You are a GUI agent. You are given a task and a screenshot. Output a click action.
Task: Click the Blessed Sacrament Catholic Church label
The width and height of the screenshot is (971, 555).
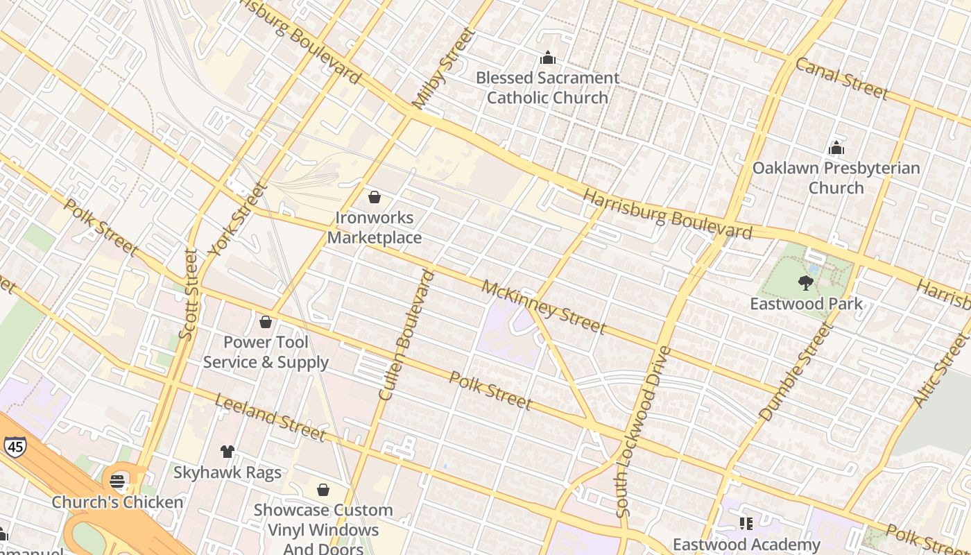(x=547, y=87)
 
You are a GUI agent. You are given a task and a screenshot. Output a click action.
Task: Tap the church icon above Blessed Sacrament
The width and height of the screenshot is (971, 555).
(x=548, y=58)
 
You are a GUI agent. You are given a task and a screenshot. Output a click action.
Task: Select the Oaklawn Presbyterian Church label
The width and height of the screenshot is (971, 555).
(x=836, y=178)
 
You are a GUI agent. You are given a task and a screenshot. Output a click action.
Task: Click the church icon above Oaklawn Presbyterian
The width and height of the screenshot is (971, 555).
(x=836, y=148)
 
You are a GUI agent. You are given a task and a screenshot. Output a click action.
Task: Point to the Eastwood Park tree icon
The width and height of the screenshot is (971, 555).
(x=805, y=282)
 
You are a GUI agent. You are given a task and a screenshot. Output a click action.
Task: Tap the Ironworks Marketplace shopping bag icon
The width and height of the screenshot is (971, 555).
(x=375, y=198)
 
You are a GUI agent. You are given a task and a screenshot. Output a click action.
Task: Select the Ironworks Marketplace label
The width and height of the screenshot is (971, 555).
(x=375, y=228)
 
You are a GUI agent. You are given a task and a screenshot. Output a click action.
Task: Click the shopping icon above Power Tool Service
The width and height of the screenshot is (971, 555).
(x=265, y=322)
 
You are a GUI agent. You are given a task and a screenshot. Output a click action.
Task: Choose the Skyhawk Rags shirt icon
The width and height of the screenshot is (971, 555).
(x=227, y=452)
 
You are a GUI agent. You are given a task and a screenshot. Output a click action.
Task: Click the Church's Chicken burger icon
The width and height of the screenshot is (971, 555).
(x=117, y=481)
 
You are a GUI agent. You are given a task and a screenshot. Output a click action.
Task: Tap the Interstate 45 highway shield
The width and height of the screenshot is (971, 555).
(x=14, y=446)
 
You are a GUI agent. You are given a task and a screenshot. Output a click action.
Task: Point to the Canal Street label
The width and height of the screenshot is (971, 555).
(x=841, y=78)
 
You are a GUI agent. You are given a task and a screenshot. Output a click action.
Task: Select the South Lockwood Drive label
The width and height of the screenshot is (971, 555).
(x=643, y=432)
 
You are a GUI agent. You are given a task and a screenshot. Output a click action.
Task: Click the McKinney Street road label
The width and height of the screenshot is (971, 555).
(x=544, y=307)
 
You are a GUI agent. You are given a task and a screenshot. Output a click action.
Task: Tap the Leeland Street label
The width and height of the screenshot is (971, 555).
(x=270, y=417)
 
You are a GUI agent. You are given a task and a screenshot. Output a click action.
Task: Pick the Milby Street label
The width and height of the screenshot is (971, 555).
(x=444, y=68)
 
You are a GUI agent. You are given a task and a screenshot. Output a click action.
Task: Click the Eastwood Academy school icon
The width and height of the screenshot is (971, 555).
(x=746, y=523)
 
